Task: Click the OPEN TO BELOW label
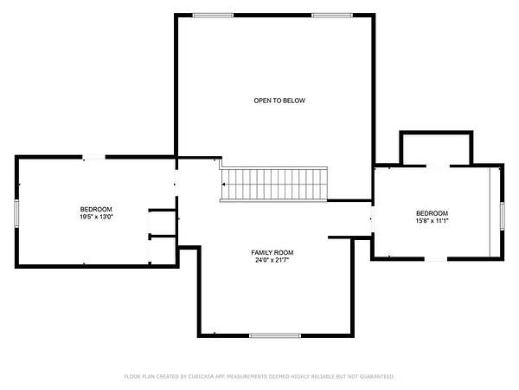point(279,101)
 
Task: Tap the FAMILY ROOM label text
point(272,253)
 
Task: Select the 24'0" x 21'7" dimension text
point(272,260)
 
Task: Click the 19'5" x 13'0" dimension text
point(96,218)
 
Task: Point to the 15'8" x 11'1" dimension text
point(432,221)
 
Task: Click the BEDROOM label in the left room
point(96,210)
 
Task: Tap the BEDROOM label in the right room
point(432,213)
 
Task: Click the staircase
point(273,184)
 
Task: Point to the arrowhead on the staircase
point(224,184)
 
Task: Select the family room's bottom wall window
point(275,335)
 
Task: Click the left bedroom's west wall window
point(16,213)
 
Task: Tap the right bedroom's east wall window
point(502,216)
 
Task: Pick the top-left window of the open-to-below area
point(213,16)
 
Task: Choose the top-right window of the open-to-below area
point(332,16)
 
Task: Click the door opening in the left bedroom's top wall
point(93,157)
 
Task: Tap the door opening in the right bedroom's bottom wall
point(436,258)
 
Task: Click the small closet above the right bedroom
point(436,149)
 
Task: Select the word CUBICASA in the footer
point(202,376)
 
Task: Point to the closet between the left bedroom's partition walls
point(163,224)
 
